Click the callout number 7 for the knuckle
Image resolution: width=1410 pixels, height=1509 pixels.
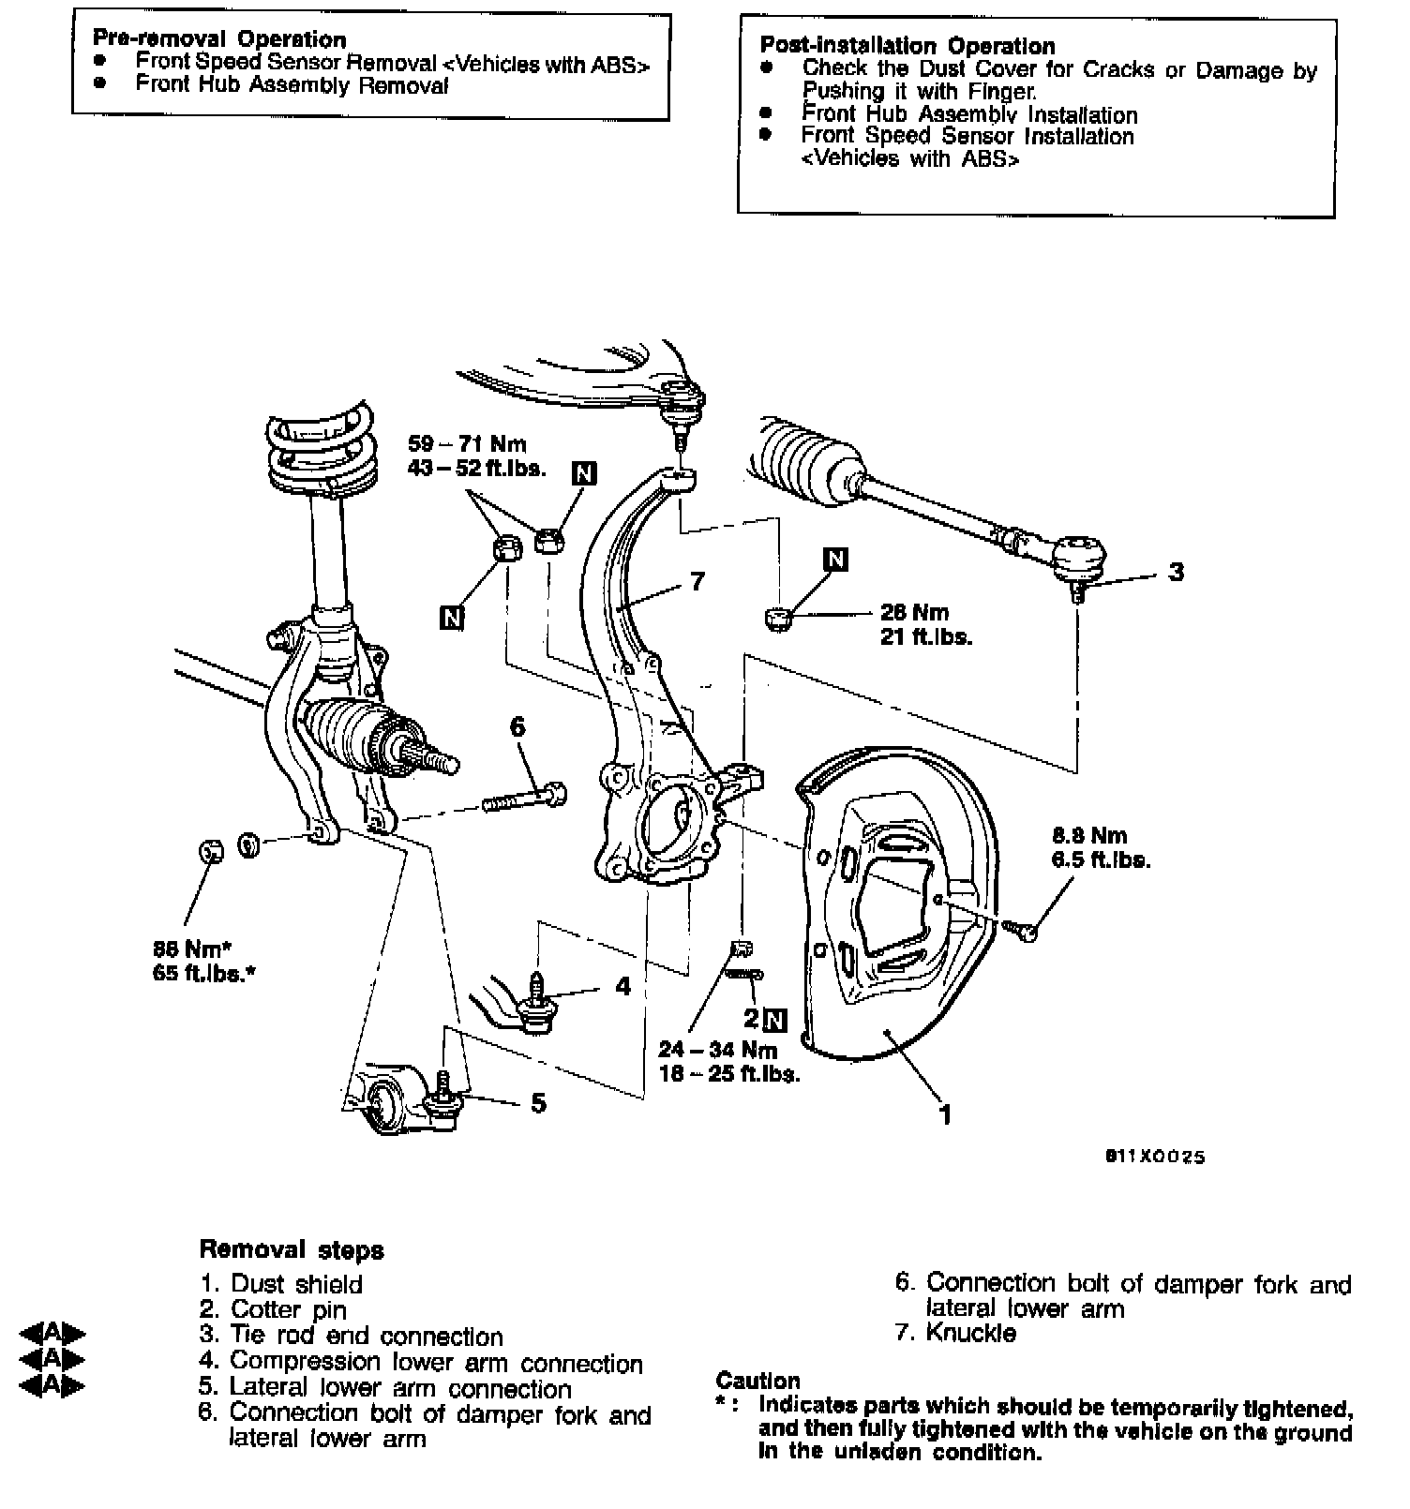pyautogui.click(x=697, y=581)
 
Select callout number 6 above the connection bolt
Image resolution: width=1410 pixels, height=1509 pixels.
pyautogui.click(x=517, y=726)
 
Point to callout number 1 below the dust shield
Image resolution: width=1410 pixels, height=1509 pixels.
pyautogui.click(x=946, y=1113)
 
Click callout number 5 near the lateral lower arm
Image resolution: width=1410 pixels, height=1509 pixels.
pyautogui.click(x=538, y=1103)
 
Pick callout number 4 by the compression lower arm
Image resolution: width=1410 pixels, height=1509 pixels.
pyautogui.click(x=623, y=986)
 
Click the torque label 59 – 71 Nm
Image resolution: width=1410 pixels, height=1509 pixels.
pyautogui.click(x=468, y=444)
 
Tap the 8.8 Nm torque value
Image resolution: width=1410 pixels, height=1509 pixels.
pyautogui.click(x=1089, y=835)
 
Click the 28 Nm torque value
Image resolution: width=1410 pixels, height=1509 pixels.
pyautogui.click(x=915, y=613)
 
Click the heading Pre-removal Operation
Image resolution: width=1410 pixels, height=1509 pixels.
pyautogui.click(x=219, y=39)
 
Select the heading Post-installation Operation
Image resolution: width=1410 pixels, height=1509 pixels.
pyautogui.click(x=907, y=46)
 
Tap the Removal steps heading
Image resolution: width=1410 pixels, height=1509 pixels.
pyautogui.click(x=292, y=1249)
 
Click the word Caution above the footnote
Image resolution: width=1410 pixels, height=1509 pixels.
pyautogui.click(x=758, y=1381)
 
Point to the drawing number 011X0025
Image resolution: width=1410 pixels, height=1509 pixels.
pyautogui.click(x=1154, y=1157)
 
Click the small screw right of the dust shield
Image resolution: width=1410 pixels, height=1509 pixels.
pyautogui.click(x=1021, y=930)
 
